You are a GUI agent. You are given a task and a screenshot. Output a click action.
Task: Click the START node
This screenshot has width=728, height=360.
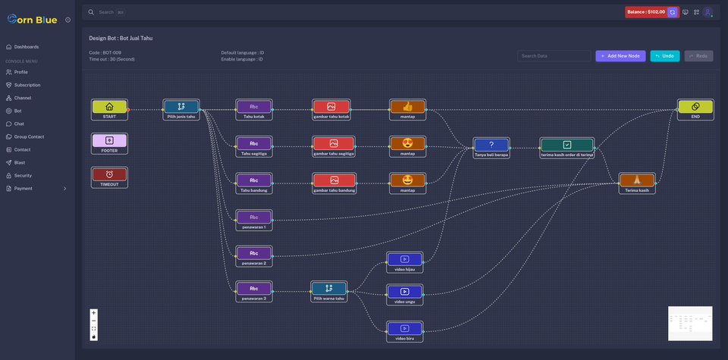point(109,110)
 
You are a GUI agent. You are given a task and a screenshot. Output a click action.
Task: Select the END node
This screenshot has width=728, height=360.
point(695,110)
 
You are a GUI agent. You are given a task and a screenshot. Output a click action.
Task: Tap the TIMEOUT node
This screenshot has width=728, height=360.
point(109,177)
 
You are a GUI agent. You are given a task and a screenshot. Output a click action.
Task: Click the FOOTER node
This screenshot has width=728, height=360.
point(109,143)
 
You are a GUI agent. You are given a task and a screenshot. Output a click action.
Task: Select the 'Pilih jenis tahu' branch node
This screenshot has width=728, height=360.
point(181,110)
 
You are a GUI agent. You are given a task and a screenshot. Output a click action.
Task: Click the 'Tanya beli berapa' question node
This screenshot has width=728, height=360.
point(491,147)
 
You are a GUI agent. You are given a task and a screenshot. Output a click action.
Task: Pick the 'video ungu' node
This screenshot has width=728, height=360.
point(405,294)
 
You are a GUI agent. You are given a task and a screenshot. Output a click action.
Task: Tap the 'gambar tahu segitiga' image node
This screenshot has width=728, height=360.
point(334,146)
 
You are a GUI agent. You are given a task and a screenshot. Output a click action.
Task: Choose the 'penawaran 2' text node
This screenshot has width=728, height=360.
point(254,256)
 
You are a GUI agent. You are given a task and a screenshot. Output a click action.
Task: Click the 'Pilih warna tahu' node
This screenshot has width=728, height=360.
point(329,291)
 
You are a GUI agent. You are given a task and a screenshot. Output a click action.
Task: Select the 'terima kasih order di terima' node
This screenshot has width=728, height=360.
point(567,147)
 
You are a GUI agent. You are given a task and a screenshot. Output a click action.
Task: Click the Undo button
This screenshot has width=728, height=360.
point(664,56)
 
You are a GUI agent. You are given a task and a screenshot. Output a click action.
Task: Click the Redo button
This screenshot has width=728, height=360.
point(698,56)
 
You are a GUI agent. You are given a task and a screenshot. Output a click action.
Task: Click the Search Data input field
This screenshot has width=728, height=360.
point(554,56)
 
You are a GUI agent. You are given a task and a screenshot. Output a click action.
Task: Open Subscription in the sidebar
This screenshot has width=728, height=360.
point(27,85)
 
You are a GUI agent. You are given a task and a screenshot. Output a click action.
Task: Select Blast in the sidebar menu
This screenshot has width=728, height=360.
point(20,162)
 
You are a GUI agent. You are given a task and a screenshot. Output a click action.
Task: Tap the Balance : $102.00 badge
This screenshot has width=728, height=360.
point(645,12)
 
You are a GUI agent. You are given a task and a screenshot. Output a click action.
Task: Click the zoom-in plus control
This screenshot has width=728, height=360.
point(94,313)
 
